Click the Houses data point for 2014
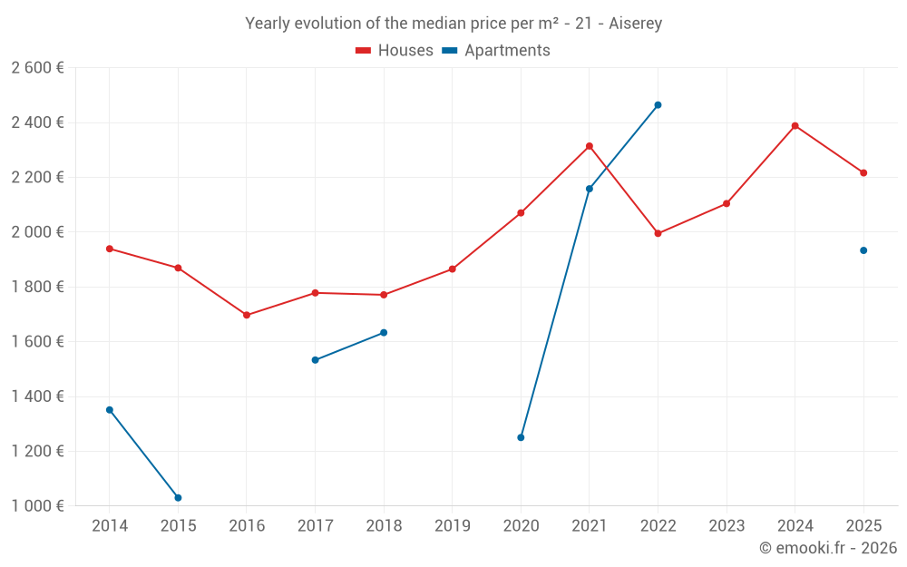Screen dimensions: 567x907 [110, 249]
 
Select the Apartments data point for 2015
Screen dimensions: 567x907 [178, 498]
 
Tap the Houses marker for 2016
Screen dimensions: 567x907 [247, 315]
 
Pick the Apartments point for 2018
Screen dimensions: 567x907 [384, 333]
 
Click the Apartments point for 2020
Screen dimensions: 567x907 [521, 437]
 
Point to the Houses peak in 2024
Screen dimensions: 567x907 [795, 126]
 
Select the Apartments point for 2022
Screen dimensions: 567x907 [658, 105]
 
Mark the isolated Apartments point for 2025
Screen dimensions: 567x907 [863, 250]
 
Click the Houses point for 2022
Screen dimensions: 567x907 [658, 233]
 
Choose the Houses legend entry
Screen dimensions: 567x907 [395, 51]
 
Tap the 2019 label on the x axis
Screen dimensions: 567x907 [453, 526]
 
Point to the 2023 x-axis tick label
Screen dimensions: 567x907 [727, 526]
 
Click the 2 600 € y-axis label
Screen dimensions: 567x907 [38, 68]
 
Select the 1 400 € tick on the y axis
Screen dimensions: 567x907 [38, 396]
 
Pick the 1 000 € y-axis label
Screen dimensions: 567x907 [38, 506]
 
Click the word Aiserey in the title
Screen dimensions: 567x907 [634, 24]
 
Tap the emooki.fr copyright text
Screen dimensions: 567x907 [828, 548]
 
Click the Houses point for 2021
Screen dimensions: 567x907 [590, 146]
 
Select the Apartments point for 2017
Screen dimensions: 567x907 [315, 360]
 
